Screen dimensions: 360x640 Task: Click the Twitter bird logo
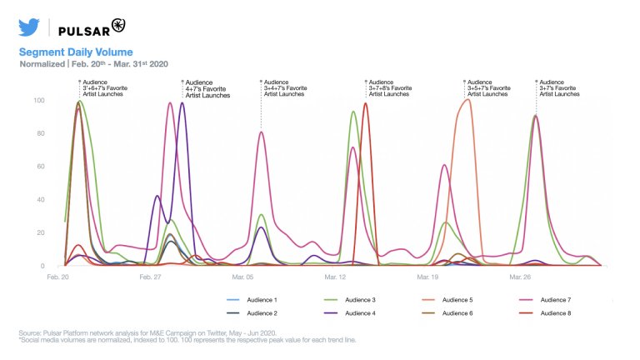point(29,27)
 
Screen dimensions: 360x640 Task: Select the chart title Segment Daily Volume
point(76,52)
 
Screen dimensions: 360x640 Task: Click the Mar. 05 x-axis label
point(244,277)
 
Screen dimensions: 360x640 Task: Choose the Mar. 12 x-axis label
point(337,277)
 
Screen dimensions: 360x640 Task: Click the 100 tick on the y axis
point(37,101)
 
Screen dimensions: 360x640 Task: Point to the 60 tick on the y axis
point(40,167)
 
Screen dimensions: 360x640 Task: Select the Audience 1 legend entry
point(262,299)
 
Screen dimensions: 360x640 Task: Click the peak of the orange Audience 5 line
point(467,100)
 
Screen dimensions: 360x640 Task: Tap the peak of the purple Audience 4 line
point(182,103)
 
